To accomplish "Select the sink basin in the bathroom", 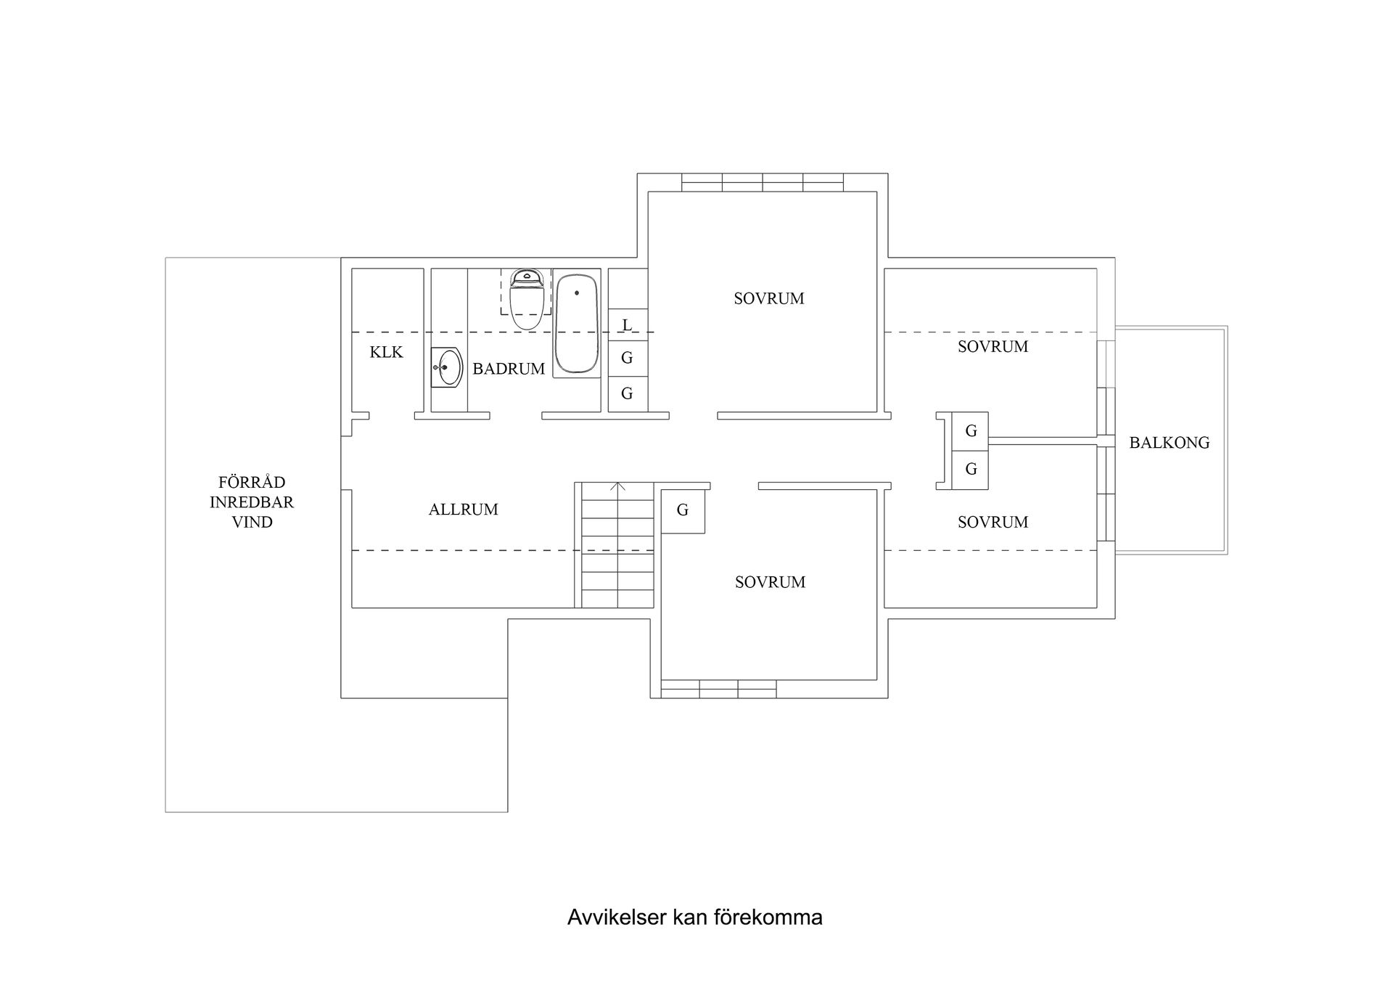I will click(x=449, y=367).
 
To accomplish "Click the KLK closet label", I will click(x=386, y=353).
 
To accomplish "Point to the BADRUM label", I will click(x=509, y=369).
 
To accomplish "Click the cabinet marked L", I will click(x=628, y=324).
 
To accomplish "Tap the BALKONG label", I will click(x=1169, y=443).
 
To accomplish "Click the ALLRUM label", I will click(x=463, y=510).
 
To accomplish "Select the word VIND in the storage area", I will click(x=252, y=522).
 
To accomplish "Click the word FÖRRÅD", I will click(x=252, y=482).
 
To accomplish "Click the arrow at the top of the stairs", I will click(x=617, y=486).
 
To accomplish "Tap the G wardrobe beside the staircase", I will click(x=683, y=510).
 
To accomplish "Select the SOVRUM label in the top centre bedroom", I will click(x=768, y=298).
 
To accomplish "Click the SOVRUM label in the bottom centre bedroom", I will click(x=770, y=582).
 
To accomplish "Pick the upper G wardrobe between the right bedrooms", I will click(x=971, y=431).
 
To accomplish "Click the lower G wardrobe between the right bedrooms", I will click(x=971, y=470).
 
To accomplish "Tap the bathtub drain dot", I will click(x=577, y=293).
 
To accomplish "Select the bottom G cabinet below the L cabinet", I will click(x=628, y=393).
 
